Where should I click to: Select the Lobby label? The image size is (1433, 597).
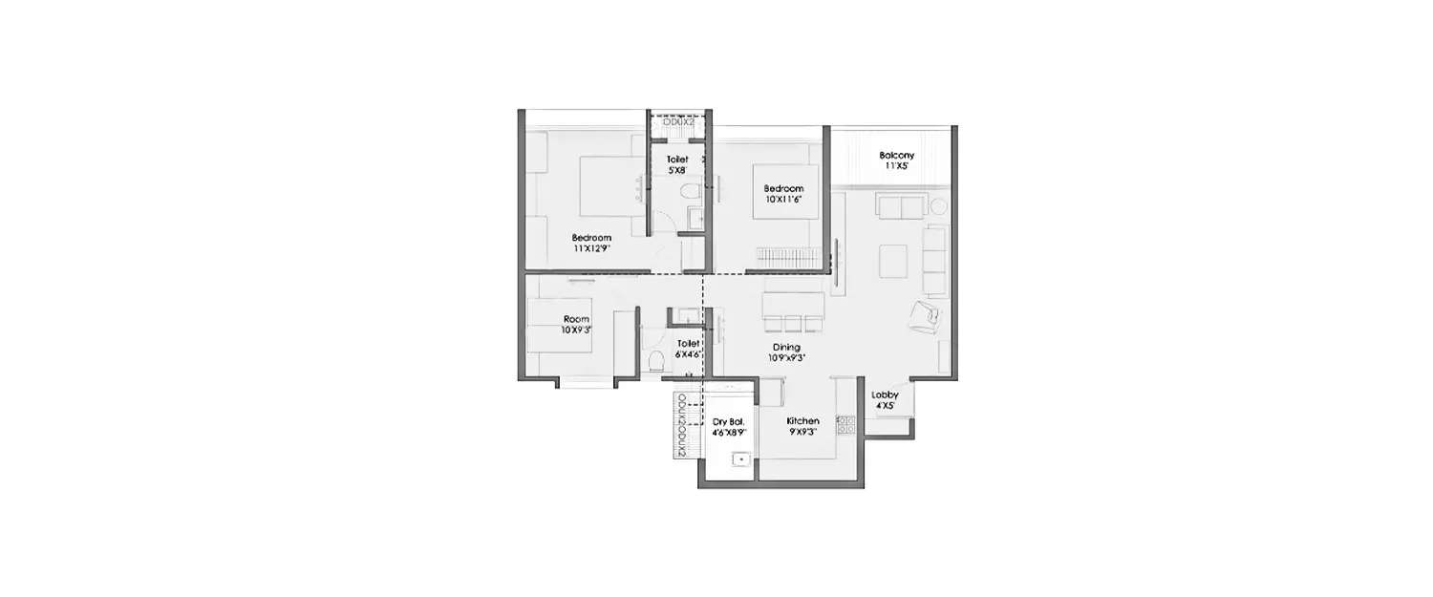coord(885,394)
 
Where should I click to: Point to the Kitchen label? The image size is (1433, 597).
coord(802,421)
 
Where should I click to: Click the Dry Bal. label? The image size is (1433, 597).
coord(728,421)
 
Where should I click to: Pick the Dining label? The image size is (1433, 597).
coord(787,347)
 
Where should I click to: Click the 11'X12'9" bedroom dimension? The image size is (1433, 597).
coord(591,248)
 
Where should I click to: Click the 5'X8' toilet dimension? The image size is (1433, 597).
coord(677,171)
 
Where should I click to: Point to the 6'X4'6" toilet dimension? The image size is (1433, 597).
coord(689,354)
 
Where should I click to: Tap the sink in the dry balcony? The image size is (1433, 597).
coord(738,459)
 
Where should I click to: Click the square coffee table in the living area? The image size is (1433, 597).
coord(893,259)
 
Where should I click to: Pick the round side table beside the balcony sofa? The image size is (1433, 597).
coord(939,205)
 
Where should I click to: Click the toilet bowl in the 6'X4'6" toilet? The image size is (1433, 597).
coord(656,361)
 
